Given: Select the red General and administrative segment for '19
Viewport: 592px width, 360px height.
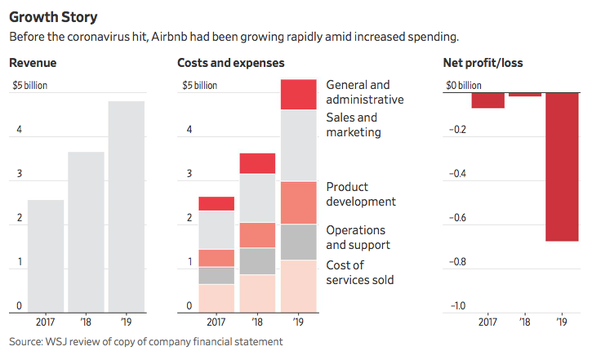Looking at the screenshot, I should [298, 95].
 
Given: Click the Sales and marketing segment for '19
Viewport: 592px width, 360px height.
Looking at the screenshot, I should [298, 145].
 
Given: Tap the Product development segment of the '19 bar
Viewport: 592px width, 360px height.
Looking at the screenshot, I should [298, 202].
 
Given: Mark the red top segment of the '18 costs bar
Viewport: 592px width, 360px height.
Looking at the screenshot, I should [257, 163].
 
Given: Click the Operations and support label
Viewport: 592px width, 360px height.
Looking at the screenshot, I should [358, 238].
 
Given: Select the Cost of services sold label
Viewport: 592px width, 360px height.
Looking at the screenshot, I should [360, 273].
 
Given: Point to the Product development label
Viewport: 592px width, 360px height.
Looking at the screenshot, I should [360, 194].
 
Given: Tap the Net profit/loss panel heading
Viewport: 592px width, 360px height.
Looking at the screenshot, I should [483, 63].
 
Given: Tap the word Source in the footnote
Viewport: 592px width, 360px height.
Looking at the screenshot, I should [27, 341].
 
